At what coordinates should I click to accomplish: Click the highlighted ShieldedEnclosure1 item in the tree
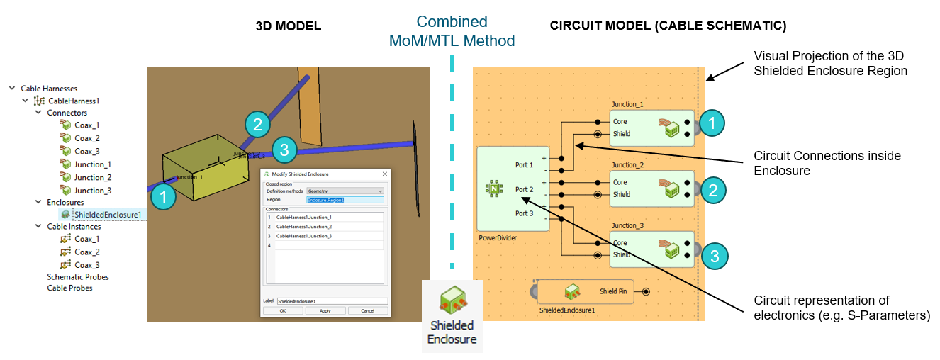pos(107,215)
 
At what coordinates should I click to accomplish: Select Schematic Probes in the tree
pos(78,277)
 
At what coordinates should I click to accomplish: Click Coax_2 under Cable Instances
pos(87,252)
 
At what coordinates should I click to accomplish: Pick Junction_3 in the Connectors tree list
pos(93,190)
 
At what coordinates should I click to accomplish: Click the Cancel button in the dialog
pos(367,310)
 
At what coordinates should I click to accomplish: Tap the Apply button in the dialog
pos(325,310)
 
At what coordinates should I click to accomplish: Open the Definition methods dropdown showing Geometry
pos(345,191)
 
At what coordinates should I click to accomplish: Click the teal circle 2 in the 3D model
pos(257,125)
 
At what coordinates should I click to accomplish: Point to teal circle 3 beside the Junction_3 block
pos(715,255)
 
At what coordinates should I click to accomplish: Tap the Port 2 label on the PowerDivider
pos(524,189)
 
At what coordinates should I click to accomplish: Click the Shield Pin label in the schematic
pos(613,291)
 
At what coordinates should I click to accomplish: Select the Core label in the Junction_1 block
pos(620,122)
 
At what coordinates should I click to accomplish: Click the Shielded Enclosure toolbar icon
pos(452,313)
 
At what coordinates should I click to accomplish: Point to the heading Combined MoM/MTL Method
pos(452,31)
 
